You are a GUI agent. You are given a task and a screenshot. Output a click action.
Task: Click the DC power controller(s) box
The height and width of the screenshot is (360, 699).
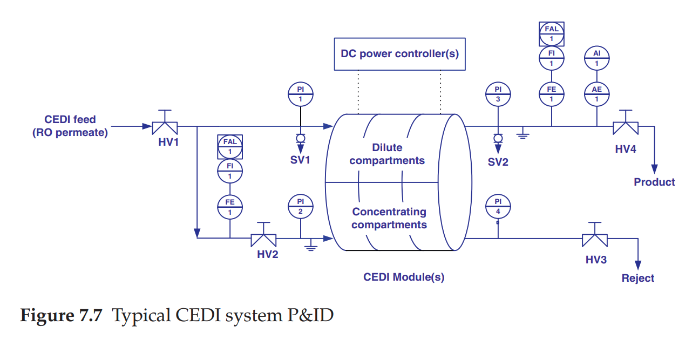click(x=399, y=54)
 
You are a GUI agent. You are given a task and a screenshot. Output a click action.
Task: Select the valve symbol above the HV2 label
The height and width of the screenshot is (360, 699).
click(x=263, y=239)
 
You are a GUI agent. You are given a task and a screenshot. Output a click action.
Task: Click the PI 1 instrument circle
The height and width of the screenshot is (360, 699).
click(x=301, y=94)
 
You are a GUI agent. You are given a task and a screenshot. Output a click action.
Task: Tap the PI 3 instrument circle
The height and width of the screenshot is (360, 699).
click(x=498, y=94)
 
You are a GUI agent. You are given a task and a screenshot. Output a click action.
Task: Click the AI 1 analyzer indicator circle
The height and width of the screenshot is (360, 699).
click(x=596, y=58)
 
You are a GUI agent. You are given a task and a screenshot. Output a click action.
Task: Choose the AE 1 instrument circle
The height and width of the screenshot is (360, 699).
click(x=596, y=94)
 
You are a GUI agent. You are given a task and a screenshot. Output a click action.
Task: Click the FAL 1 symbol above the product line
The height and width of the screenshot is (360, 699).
click(x=551, y=33)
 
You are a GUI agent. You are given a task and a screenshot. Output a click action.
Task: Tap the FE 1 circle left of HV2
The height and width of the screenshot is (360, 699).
click(x=230, y=207)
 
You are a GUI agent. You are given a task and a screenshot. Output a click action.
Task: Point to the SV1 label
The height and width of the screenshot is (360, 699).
click(x=300, y=160)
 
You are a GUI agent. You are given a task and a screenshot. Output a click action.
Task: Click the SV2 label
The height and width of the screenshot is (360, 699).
click(x=498, y=162)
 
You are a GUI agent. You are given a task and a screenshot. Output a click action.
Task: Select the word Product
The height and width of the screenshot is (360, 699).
click(x=654, y=182)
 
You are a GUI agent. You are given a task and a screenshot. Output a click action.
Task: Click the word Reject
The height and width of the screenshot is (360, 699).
click(x=638, y=279)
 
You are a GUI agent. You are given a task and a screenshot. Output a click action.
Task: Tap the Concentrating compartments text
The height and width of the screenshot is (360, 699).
click(x=389, y=218)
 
